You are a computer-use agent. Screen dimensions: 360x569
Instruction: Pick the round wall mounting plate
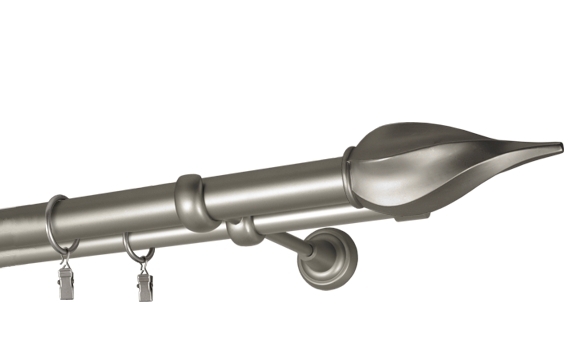[x=328, y=257]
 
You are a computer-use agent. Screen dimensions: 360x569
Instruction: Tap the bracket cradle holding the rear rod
[x=241, y=234]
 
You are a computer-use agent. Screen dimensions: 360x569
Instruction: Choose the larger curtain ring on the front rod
[x=57, y=222]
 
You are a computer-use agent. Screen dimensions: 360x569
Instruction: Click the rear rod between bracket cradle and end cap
[x=320, y=219]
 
